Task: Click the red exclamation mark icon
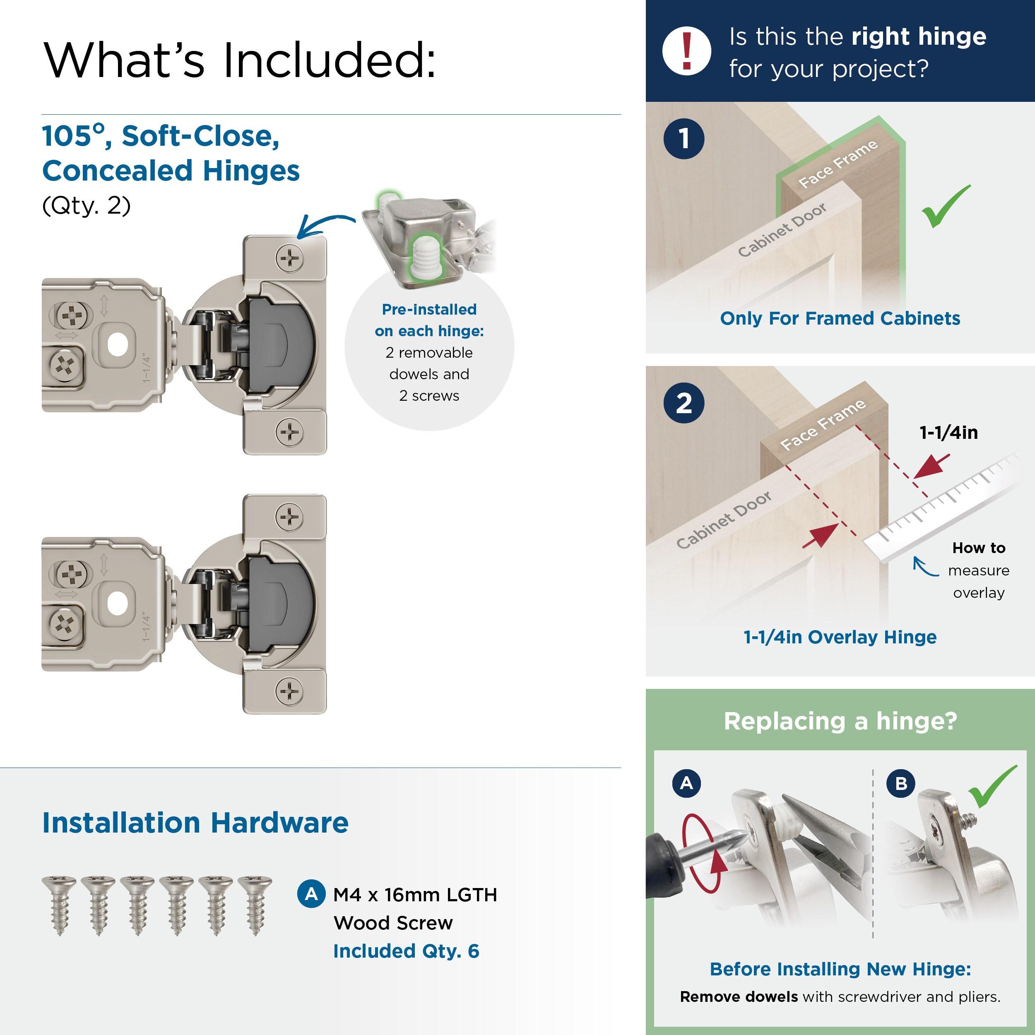click(686, 51)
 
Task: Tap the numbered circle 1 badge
click(684, 139)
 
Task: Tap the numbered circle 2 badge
click(684, 403)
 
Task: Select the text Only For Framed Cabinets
click(840, 318)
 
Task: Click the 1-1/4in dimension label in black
click(948, 432)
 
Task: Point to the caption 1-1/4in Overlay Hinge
click(840, 637)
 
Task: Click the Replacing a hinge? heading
click(840, 721)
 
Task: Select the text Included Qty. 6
click(406, 951)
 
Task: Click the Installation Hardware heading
click(195, 823)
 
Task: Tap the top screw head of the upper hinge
click(289, 259)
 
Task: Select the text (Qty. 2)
click(86, 205)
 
